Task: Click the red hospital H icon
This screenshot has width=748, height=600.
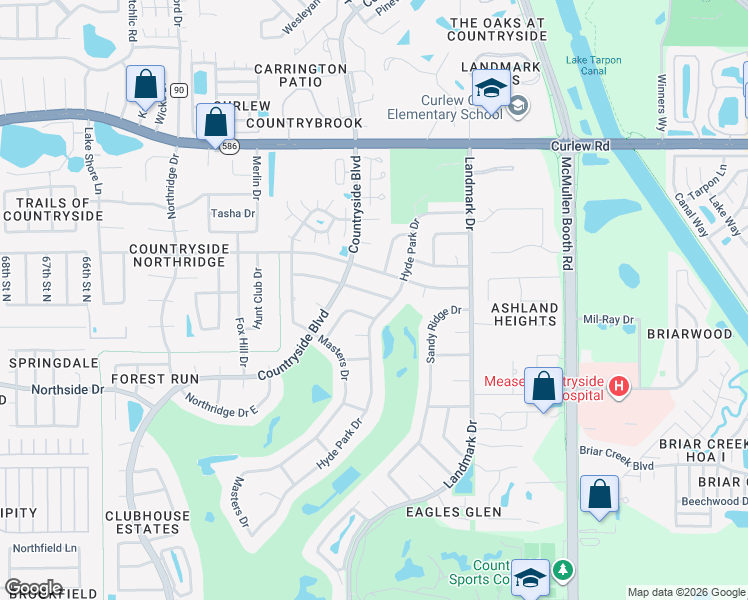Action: pos(619,386)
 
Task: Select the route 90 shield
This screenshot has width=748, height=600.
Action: pos(178,90)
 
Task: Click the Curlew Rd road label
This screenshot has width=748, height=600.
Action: pos(579,145)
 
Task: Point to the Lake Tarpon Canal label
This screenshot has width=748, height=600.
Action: pos(593,66)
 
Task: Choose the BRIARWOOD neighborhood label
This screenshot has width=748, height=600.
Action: pos(689,334)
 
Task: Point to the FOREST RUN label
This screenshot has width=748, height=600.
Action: pos(155,379)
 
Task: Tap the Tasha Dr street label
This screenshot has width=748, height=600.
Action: pos(232,213)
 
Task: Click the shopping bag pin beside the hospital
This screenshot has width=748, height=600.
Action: pos(543,387)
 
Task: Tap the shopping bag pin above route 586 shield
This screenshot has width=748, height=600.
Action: pos(215,123)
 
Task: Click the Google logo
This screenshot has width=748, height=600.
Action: pos(34,587)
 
